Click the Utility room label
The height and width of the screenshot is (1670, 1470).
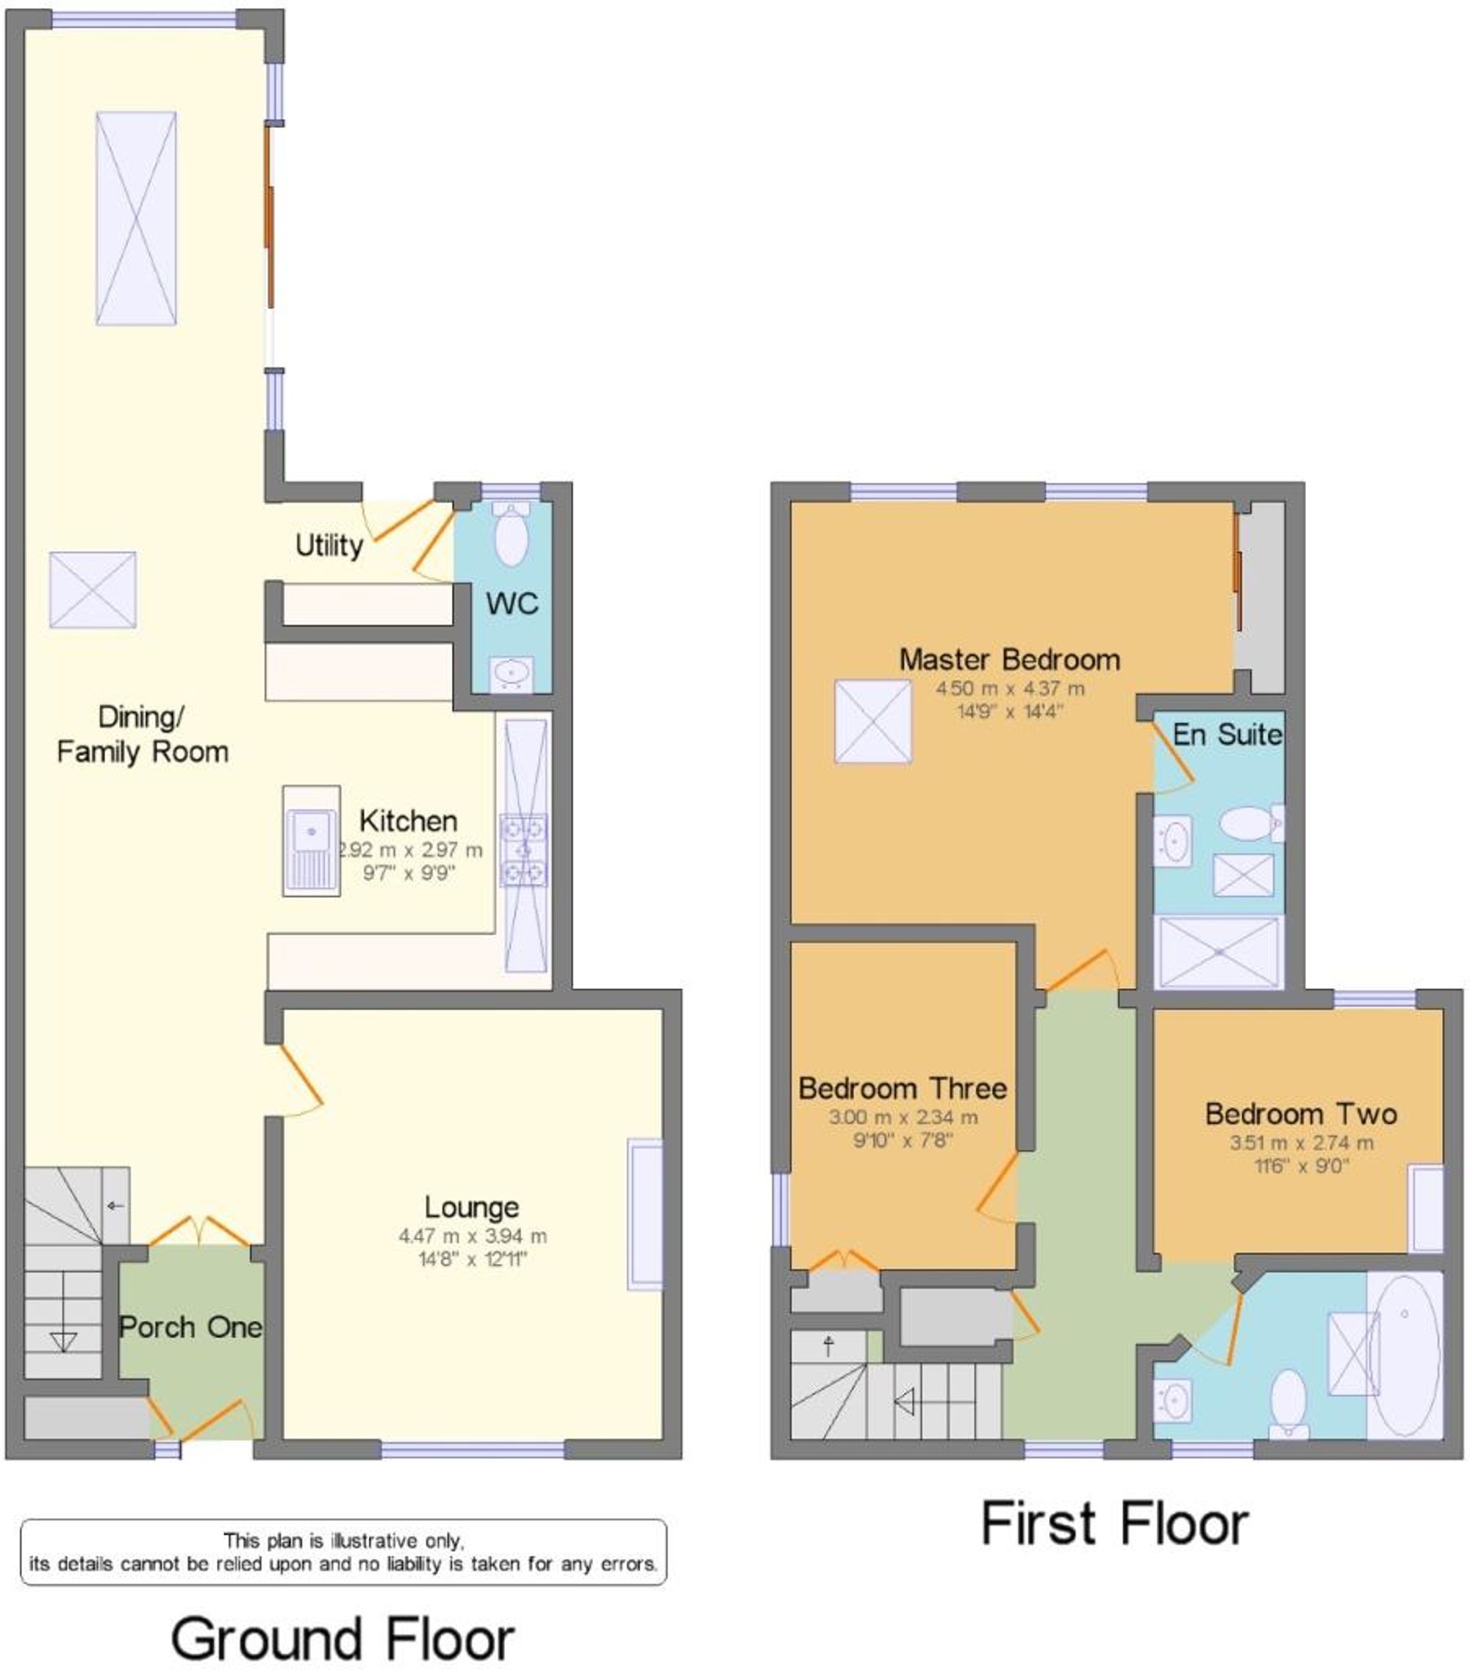click(329, 545)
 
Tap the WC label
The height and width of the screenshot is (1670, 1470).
click(512, 604)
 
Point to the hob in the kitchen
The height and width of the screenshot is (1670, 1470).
click(524, 851)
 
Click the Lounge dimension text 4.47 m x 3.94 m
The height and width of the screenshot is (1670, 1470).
click(473, 1237)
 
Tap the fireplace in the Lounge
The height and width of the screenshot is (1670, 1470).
click(644, 1215)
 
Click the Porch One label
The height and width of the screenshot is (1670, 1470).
click(190, 1327)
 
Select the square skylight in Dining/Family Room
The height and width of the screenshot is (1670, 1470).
click(93, 590)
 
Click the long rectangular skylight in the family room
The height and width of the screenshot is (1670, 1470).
click(136, 218)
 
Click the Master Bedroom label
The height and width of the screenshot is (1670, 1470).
click(1009, 659)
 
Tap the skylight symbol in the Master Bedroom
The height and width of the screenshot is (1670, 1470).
click(872, 721)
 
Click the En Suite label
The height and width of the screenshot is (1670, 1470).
click(1227, 735)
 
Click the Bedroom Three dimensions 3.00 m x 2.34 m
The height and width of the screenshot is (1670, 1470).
click(903, 1117)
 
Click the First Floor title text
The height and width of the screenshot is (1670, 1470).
click(1114, 1524)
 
